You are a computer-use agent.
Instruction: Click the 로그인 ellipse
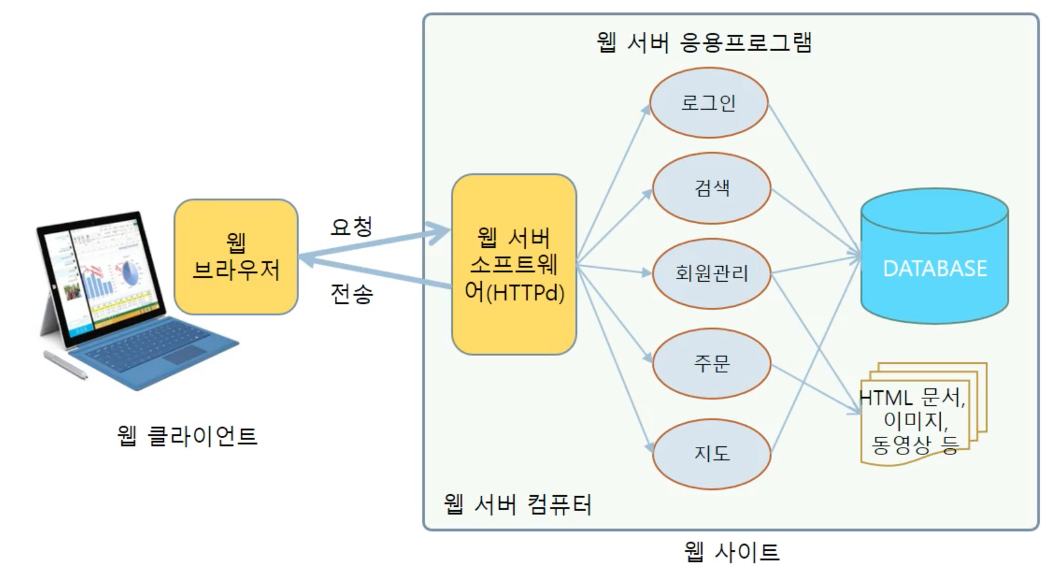(708, 103)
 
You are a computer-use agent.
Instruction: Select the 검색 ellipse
(712, 188)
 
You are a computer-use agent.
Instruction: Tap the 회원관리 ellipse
(712, 273)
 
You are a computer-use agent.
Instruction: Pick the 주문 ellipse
(712, 363)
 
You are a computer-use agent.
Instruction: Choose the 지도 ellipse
(712, 453)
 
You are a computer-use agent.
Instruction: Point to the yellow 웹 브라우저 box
(236, 256)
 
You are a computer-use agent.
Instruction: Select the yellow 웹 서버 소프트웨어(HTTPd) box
(514, 264)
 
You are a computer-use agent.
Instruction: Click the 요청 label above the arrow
(352, 226)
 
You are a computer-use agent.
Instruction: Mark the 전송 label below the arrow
(352, 294)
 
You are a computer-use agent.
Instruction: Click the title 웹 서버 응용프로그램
(704, 42)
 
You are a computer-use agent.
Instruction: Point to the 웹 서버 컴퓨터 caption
(517, 504)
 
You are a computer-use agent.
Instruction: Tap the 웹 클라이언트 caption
(187, 435)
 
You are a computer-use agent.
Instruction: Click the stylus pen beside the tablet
(65, 365)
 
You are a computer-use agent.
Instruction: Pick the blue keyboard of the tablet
(156, 352)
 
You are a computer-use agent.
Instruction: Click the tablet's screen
(100, 274)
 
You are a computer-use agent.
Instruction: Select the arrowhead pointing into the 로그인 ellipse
(646, 110)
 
